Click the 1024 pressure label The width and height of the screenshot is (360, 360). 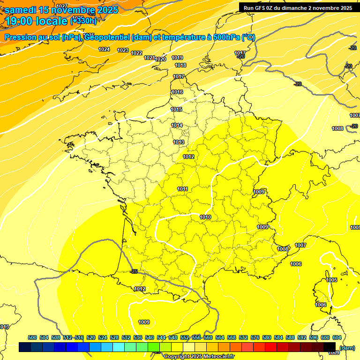(104, 49)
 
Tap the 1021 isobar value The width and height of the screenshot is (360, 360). (150, 58)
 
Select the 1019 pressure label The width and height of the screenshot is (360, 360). (177, 58)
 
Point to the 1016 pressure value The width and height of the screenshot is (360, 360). (177, 92)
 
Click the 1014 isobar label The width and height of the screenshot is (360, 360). (177, 125)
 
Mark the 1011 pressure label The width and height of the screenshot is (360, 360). (183, 189)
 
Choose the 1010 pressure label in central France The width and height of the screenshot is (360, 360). (205, 217)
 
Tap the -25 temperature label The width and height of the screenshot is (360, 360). (134, 271)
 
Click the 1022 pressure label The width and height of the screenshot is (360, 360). (136, 53)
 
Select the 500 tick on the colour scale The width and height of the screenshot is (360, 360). (32, 337)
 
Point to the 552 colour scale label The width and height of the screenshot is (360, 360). (185, 337)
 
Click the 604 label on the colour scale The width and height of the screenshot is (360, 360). (337, 337)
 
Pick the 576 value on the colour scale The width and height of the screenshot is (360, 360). (255, 337)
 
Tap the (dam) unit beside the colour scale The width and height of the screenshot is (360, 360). (347, 347)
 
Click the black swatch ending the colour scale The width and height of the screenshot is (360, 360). (330, 347)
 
